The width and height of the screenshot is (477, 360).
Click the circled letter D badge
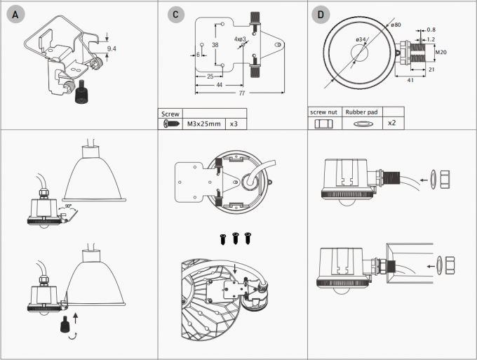[x=321, y=13]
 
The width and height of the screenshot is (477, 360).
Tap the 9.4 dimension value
[x=111, y=48]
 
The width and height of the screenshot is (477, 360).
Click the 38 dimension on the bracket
[x=215, y=44]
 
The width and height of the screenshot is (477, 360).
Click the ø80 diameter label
[x=397, y=25]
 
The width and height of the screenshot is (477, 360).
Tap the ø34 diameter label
[x=361, y=39]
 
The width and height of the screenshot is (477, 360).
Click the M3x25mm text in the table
[x=203, y=124]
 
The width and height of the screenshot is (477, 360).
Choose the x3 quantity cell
[x=234, y=124]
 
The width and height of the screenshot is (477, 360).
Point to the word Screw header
[x=171, y=113]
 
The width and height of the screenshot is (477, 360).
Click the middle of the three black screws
[x=236, y=238]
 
